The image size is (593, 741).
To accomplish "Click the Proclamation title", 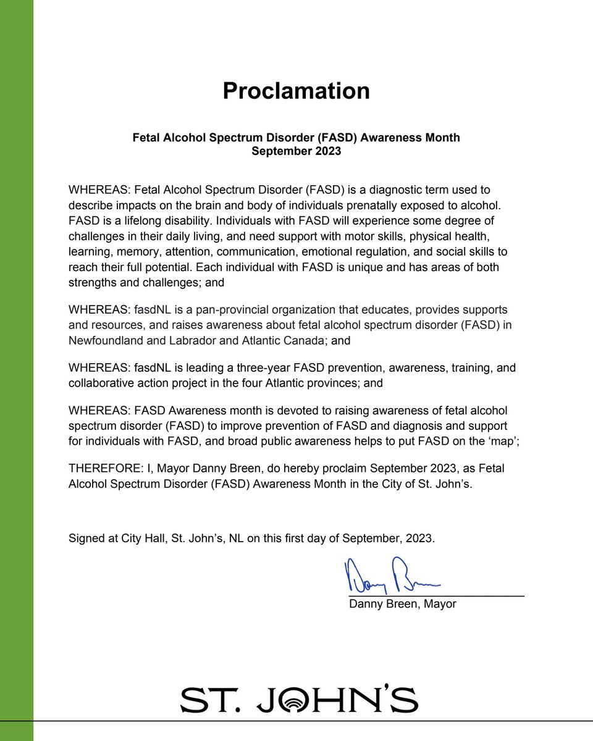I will (x=296, y=91).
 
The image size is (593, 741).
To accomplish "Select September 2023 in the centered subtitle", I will (x=296, y=151).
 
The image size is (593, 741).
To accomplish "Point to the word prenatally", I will (x=351, y=205).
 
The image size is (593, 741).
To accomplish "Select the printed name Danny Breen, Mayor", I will (x=402, y=604).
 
